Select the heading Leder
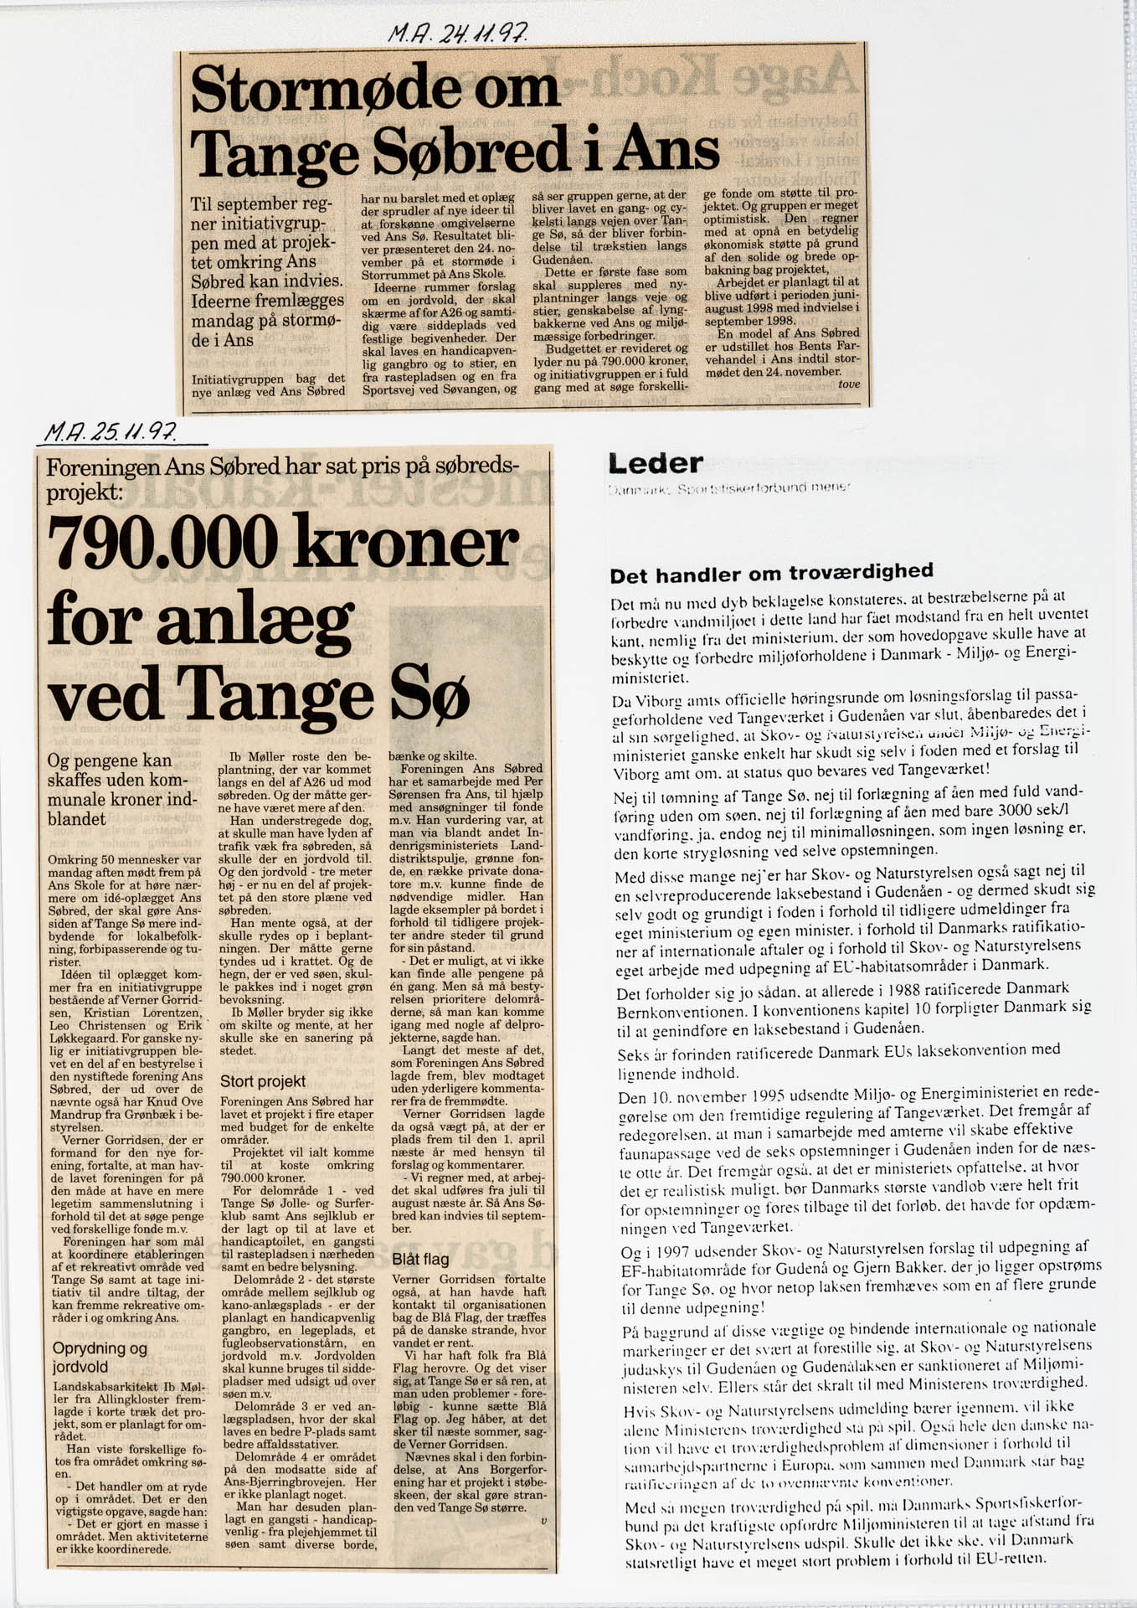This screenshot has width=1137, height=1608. pyautogui.click(x=656, y=463)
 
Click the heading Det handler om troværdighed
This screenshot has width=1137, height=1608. pyautogui.click(x=771, y=574)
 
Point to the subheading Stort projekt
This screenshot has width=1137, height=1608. pyautogui.click(x=263, y=1081)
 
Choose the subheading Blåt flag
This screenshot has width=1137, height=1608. pyautogui.click(x=420, y=1259)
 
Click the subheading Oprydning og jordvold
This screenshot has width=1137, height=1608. pyautogui.click(x=100, y=1358)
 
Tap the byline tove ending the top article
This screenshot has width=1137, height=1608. pyautogui.click(x=848, y=384)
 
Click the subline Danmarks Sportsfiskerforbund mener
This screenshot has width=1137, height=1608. pyautogui.click(x=729, y=487)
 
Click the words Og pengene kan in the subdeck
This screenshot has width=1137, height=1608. pyautogui.click(x=110, y=760)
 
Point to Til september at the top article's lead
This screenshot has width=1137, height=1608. pyautogui.click(x=244, y=204)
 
